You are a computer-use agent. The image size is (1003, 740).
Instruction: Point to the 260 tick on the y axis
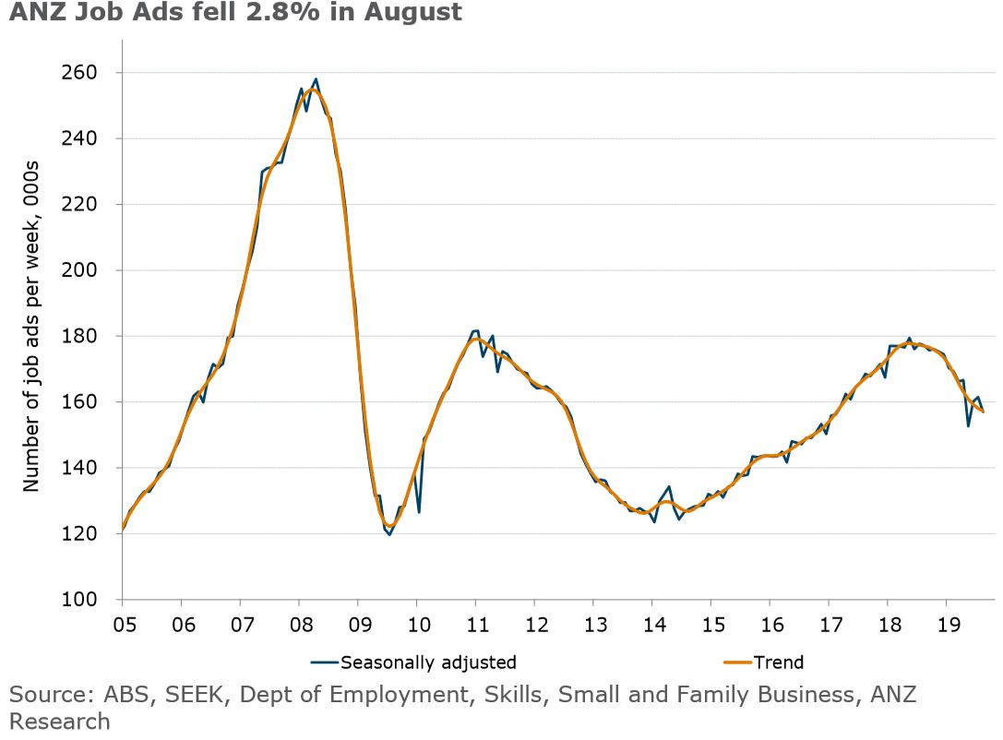coord(90,72)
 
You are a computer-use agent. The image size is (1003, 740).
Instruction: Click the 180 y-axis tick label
coord(90,336)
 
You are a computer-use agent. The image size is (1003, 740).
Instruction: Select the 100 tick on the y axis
coord(90,600)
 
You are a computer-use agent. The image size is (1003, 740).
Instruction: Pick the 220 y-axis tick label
coord(90,204)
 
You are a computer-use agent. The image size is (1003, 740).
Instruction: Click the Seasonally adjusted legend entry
coord(415,662)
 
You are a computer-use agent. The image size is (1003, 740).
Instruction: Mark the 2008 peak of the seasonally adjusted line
coord(316,79)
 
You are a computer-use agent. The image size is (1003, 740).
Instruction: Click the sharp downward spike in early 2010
coord(419,511)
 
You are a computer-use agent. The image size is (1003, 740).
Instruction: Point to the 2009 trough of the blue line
coord(389,534)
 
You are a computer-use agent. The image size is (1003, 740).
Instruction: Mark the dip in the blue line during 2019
coord(968,425)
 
